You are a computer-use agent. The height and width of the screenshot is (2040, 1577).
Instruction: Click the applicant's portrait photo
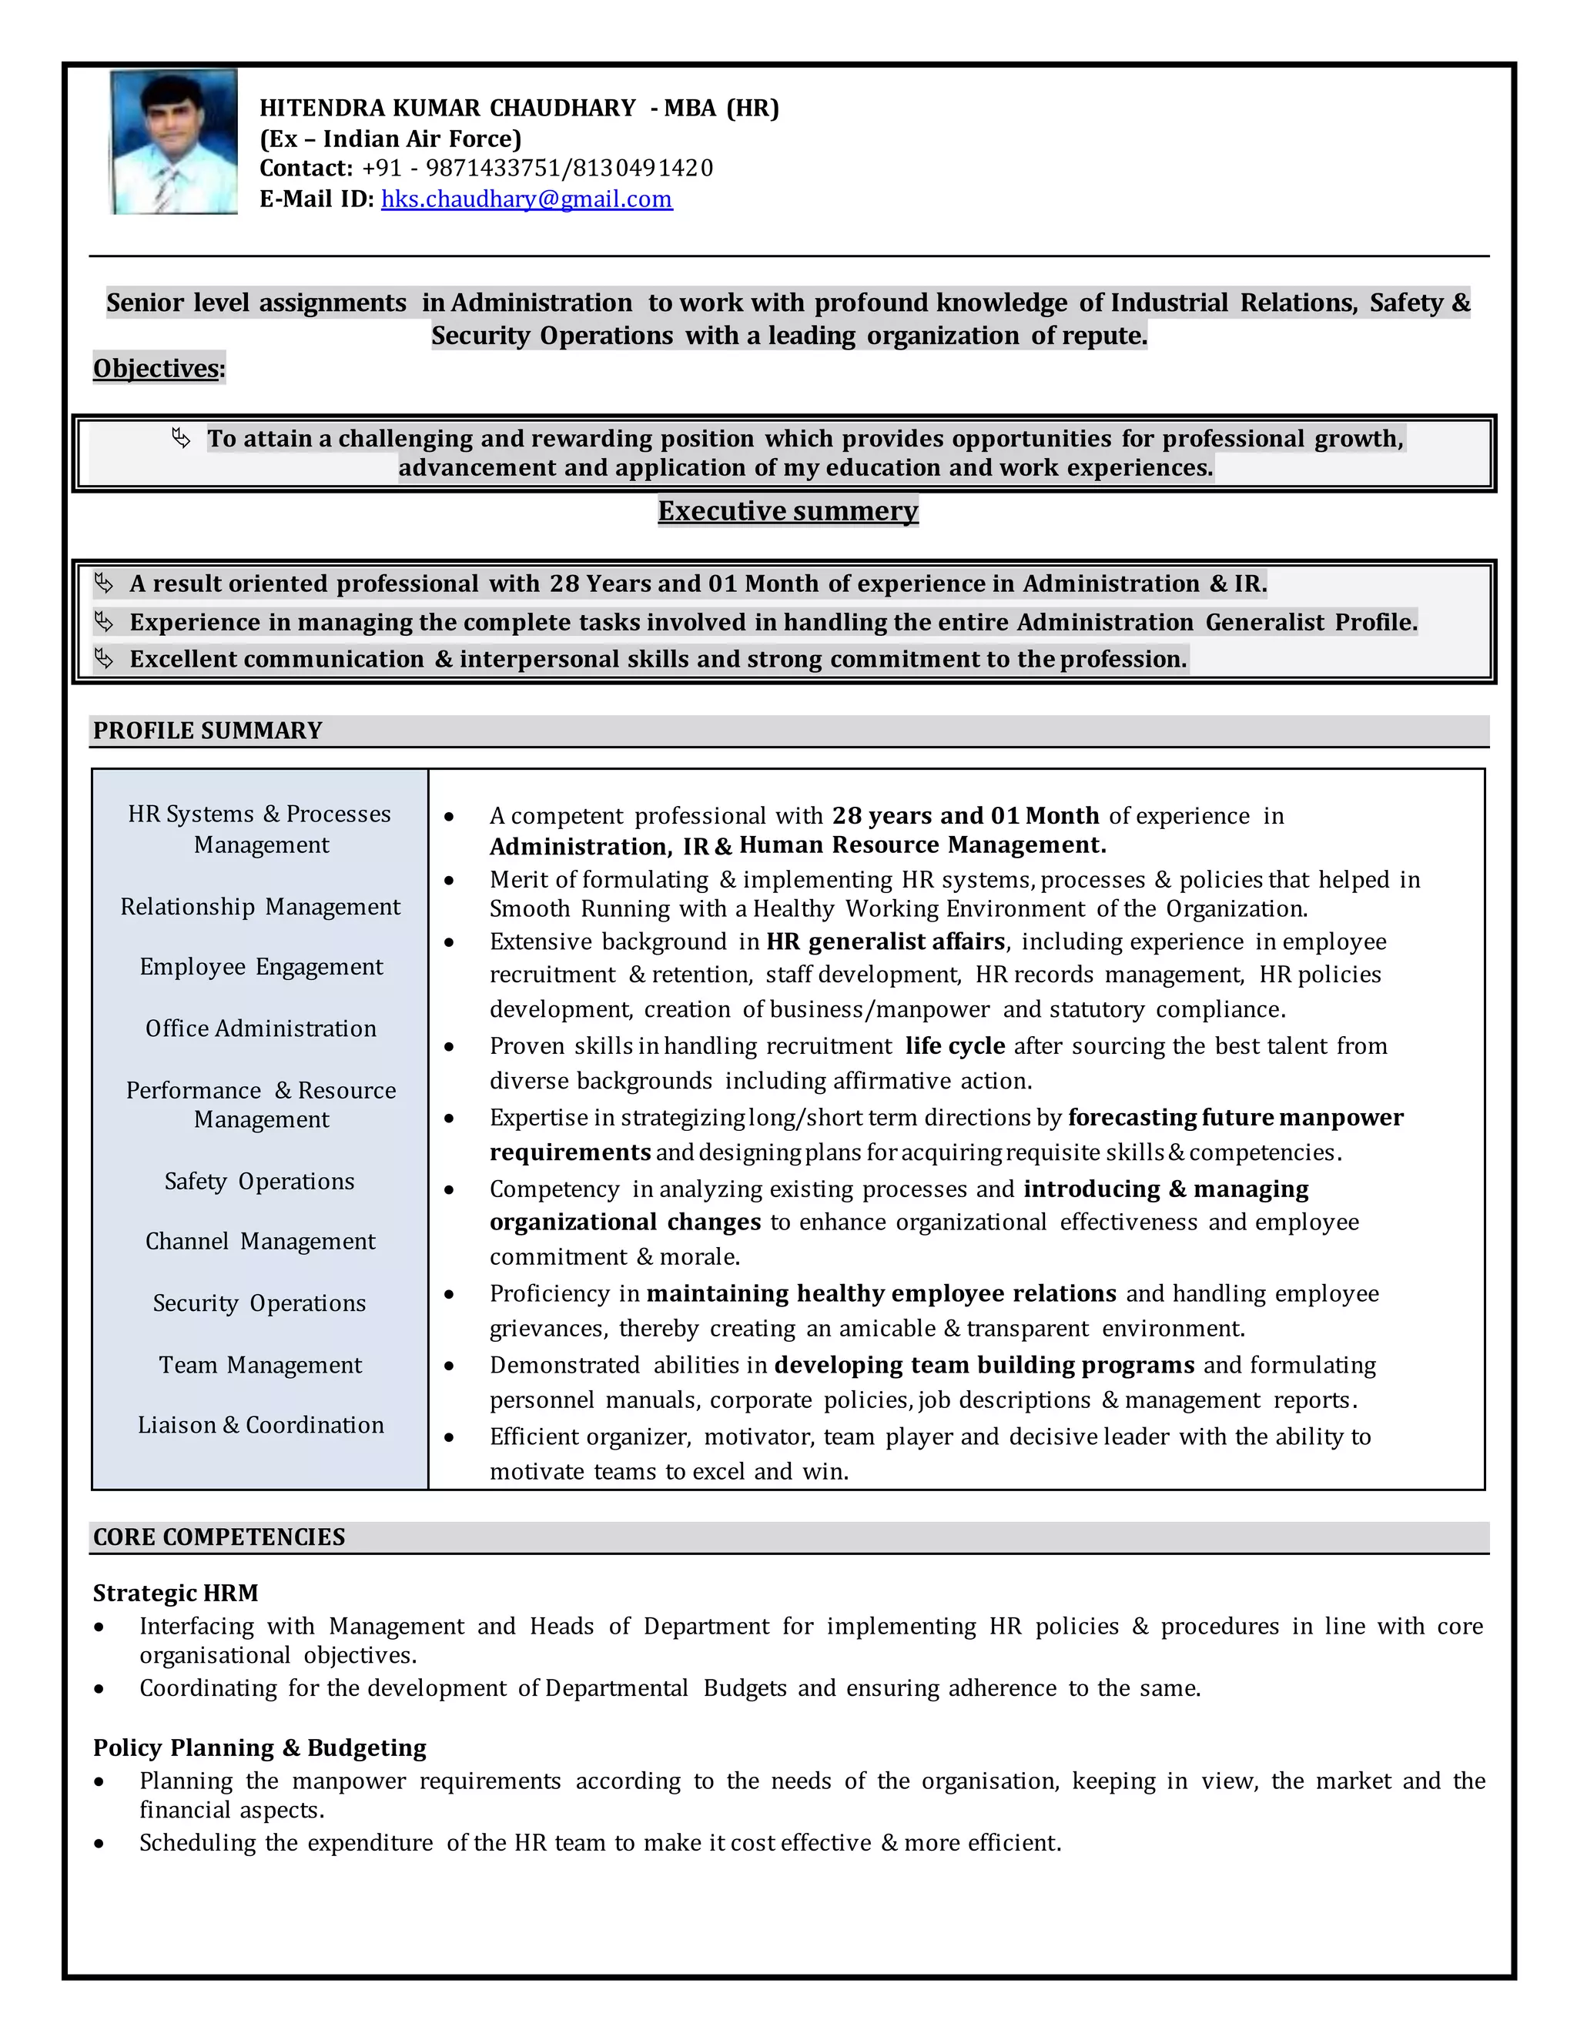[174, 142]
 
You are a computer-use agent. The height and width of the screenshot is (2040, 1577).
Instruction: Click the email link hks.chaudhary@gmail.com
[526, 199]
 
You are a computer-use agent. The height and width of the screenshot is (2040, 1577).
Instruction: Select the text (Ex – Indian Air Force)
[390, 139]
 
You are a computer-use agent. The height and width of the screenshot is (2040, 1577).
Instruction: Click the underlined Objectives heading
[157, 368]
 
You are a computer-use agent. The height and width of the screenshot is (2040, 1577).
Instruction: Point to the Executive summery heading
[788, 511]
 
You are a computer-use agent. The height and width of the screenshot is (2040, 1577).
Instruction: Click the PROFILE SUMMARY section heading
[207, 731]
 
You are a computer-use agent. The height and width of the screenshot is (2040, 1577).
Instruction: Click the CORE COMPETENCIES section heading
[219, 1537]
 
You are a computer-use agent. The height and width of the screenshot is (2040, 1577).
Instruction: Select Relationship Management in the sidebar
[259, 907]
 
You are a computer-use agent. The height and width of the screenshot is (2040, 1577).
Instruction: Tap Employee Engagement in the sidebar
[261, 967]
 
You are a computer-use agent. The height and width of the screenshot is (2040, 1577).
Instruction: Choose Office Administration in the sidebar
[261, 1028]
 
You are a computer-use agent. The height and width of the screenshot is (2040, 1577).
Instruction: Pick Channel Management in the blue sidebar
[259, 1242]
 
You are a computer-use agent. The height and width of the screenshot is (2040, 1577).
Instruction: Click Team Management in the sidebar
[259, 1365]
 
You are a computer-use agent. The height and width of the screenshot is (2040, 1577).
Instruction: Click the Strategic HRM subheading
[176, 1593]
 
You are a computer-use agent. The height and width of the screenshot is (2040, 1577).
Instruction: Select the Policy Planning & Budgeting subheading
[259, 1747]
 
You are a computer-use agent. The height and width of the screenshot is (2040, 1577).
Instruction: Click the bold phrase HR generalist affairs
[885, 941]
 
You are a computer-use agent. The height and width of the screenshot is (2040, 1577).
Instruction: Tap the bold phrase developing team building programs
[984, 1365]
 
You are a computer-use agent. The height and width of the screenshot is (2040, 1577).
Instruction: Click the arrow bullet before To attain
[181, 438]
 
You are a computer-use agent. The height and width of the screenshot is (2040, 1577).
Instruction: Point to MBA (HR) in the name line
[722, 109]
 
